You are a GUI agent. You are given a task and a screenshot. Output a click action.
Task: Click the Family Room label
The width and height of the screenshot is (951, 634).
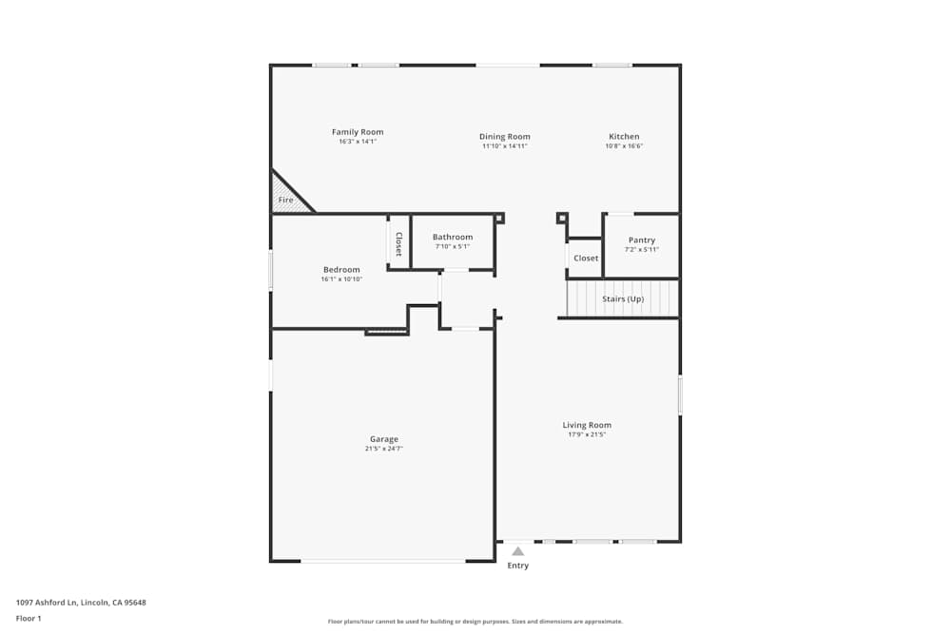[x=358, y=132]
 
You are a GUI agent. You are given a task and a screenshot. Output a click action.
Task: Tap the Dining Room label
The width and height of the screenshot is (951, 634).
[x=504, y=137]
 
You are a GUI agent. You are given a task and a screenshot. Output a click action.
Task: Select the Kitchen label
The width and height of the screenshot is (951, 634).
[x=624, y=137]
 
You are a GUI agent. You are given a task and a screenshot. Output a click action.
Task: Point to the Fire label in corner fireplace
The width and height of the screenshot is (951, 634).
[x=285, y=201]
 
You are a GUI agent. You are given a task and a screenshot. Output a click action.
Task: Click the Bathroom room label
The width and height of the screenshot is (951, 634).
[x=452, y=237]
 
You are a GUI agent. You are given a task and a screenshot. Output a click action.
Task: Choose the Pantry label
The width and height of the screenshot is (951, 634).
[x=642, y=240]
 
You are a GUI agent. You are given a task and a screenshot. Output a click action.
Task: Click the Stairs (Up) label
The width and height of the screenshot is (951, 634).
[x=623, y=299]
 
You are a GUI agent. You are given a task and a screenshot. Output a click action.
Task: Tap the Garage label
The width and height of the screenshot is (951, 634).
[x=384, y=439]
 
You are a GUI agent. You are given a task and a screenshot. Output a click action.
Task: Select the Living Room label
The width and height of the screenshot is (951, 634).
[x=587, y=425]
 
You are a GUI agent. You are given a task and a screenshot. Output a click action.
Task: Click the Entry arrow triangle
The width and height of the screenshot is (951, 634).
[x=517, y=550]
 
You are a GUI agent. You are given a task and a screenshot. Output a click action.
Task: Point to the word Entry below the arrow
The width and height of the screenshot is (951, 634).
[x=517, y=566]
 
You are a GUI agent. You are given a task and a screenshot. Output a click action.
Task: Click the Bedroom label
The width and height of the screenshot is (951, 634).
[x=341, y=270]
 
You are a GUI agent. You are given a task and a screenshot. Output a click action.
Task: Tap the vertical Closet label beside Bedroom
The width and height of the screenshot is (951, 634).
[x=398, y=243]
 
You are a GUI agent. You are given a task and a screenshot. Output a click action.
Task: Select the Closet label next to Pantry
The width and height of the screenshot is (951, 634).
[x=586, y=259]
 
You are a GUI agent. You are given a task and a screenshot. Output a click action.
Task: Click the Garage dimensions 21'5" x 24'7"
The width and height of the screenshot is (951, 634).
[x=384, y=449]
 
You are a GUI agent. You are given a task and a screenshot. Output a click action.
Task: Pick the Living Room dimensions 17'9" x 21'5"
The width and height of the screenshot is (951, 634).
[x=587, y=434]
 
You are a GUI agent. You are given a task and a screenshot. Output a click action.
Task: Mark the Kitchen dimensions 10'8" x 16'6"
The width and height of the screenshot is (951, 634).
[x=624, y=146]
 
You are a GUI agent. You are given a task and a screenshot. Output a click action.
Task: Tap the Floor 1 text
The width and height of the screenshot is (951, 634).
[x=29, y=618]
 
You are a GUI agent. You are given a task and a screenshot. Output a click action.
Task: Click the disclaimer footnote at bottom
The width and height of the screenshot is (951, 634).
[x=475, y=622]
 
